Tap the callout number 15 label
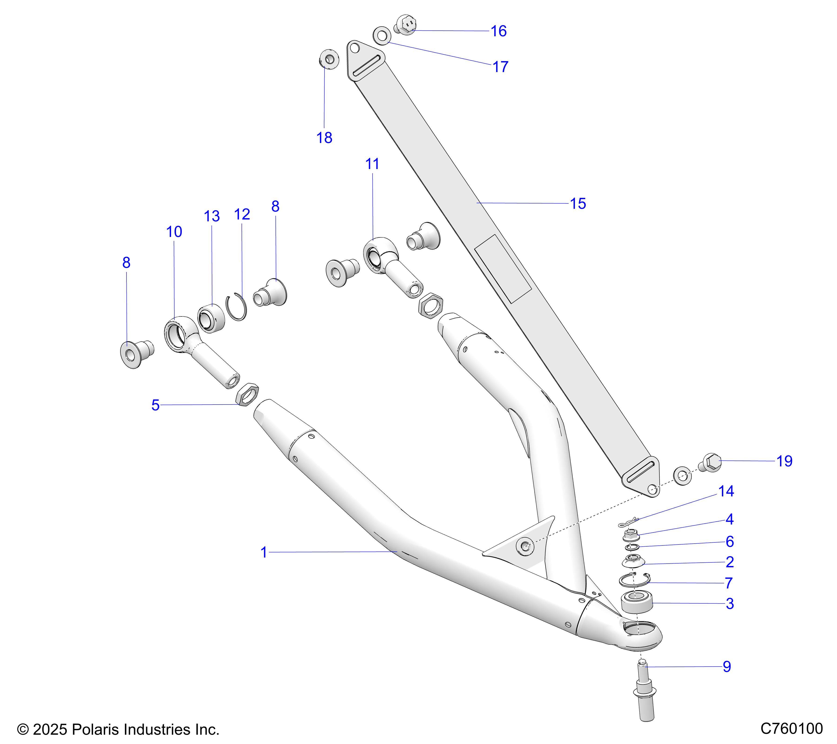[x=578, y=203]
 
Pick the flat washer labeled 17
[x=382, y=36]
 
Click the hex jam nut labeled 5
[x=248, y=394]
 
